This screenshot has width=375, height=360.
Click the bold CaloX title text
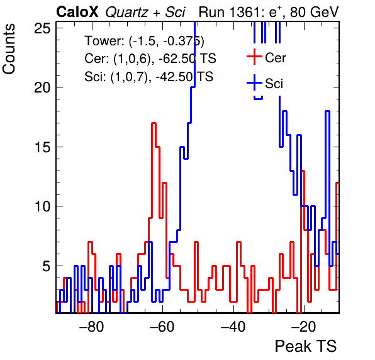click(x=77, y=12)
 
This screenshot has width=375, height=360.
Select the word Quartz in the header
click(x=126, y=13)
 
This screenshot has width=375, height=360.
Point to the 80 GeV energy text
click(x=314, y=12)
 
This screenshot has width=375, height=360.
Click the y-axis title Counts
click(x=9, y=49)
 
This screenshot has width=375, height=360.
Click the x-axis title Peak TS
click(x=306, y=346)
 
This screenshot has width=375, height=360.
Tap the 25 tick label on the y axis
click(x=42, y=28)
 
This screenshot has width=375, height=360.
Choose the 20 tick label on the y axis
click(x=42, y=87)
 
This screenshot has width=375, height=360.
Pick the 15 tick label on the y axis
click(x=42, y=147)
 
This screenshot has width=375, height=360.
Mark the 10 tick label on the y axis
click(x=42, y=206)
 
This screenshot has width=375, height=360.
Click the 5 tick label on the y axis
click(x=47, y=266)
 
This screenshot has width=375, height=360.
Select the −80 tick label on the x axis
click(x=92, y=326)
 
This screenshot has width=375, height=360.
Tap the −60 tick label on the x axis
click(x=162, y=326)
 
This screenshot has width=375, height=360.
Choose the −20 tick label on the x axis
click(x=304, y=326)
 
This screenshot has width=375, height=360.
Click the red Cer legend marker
click(x=254, y=57)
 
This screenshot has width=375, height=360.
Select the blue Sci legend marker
click(x=254, y=83)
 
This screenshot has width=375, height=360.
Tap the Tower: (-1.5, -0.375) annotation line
click(x=145, y=41)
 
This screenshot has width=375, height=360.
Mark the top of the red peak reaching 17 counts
click(x=154, y=123)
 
